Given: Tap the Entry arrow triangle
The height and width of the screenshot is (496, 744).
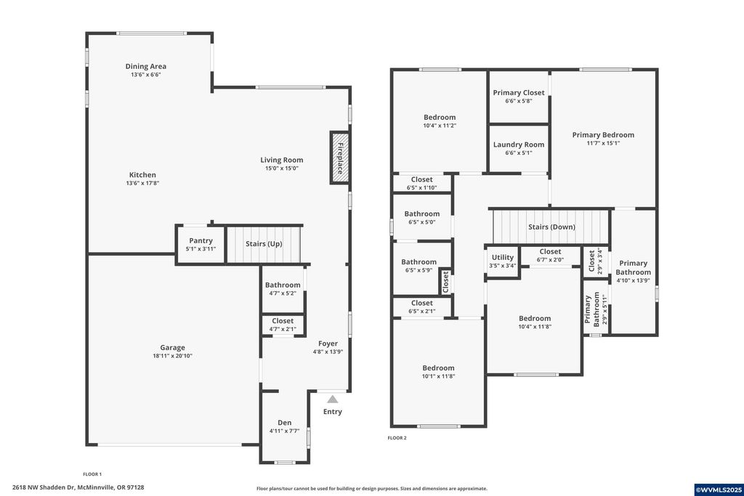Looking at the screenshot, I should coord(332,399).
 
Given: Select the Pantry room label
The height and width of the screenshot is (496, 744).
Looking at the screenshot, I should coord(201,240).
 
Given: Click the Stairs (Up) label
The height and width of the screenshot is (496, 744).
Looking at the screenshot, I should coord(264,244).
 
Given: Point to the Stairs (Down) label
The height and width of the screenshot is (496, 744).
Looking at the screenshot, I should coord(551,227).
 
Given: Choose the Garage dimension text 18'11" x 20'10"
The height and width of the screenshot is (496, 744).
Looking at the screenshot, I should coord(172,356).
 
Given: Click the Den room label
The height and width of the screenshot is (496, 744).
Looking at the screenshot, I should coord(284,423).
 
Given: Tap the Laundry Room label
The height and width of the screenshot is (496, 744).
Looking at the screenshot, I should coord(518,145).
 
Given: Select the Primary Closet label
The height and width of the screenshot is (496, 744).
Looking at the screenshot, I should coord(518,93).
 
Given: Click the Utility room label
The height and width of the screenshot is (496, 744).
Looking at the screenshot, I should coord(502,257).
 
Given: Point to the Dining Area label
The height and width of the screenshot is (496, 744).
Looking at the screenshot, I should coord(145,67).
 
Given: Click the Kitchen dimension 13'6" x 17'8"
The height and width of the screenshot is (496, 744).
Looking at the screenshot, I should coord(142,183).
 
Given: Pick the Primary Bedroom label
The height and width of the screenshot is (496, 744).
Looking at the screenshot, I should coord(603,134).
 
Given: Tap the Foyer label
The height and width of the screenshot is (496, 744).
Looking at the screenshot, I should coord(328,343).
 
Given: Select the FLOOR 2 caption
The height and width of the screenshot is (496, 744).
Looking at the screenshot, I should coord(397,438).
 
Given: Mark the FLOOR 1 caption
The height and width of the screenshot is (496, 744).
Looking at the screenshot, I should coord(92,473).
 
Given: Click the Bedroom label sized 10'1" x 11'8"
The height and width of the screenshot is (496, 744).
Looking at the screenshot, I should coord(438,368).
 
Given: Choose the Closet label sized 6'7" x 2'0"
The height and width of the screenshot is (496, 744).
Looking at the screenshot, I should coord(550,252).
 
